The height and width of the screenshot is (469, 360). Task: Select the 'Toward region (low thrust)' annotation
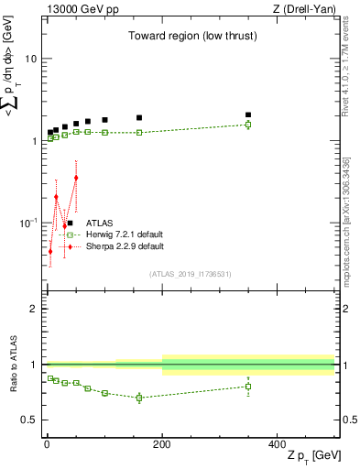pyautogui.click(x=191, y=36)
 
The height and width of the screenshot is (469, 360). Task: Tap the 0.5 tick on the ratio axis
pyautogui.click(x=30, y=420)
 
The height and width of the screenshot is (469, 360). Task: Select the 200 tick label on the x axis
pyautogui.click(x=162, y=443)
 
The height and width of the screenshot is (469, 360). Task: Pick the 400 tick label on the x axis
pyautogui.click(x=278, y=443)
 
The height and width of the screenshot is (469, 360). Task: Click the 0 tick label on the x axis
pyautogui.click(x=47, y=443)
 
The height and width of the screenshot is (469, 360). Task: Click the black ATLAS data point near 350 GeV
pyautogui.click(x=248, y=115)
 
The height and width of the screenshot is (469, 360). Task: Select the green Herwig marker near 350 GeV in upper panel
pyautogui.click(x=248, y=125)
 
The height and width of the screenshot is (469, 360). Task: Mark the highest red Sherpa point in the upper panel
pyautogui.click(x=76, y=178)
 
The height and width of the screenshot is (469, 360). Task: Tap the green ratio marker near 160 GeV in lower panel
pyautogui.click(x=139, y=398)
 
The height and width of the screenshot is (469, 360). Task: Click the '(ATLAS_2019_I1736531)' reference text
pyautogui.click(x=191, y=274)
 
